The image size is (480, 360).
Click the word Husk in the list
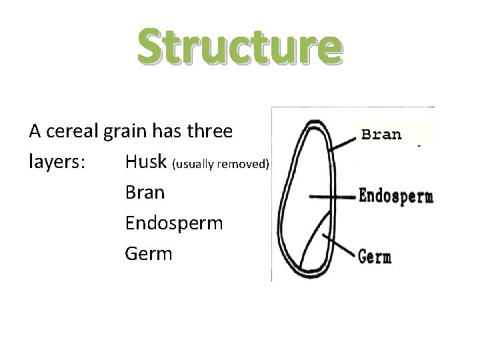click(x=146, y=162)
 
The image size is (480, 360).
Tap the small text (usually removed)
click(x=221, y=164)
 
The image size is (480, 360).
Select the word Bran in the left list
click(x=145, y=193)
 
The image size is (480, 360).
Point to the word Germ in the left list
click(x=148, y=254)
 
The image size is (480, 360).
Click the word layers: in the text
click(x=57, y=163)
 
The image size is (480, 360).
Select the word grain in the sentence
click(x=127, y=132)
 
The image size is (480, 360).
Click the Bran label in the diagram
click(x=381, y=134)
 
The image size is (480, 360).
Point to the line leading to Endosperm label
click(x=333, y=197)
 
